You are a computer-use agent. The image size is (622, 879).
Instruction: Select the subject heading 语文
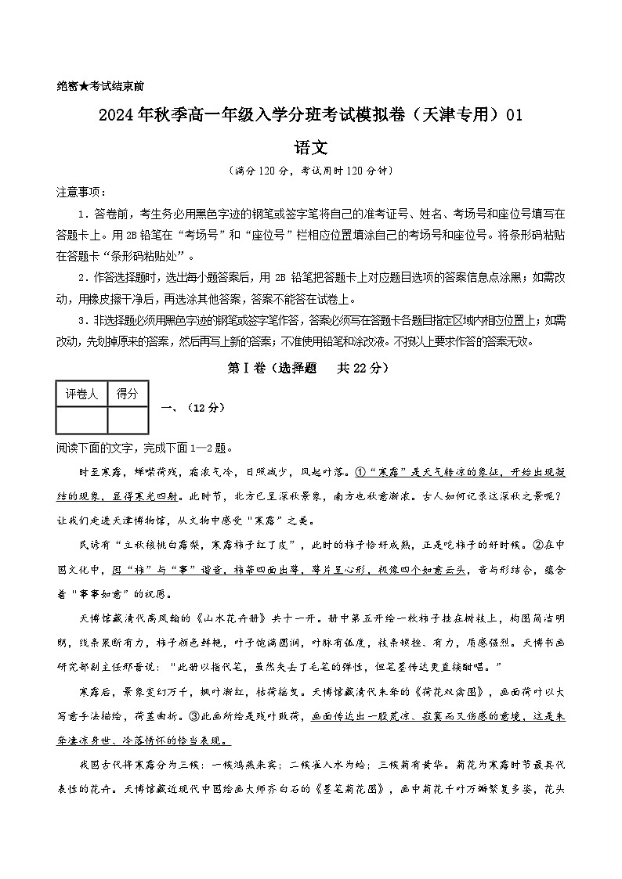coord(310,146)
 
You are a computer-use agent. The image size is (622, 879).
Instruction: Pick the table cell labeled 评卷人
coord(81,394)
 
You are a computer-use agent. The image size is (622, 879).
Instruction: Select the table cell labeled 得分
coord(127,394)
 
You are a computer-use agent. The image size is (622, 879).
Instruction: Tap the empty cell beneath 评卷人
coord(81,420)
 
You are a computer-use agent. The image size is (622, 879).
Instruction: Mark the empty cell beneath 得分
coord(127,420)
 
